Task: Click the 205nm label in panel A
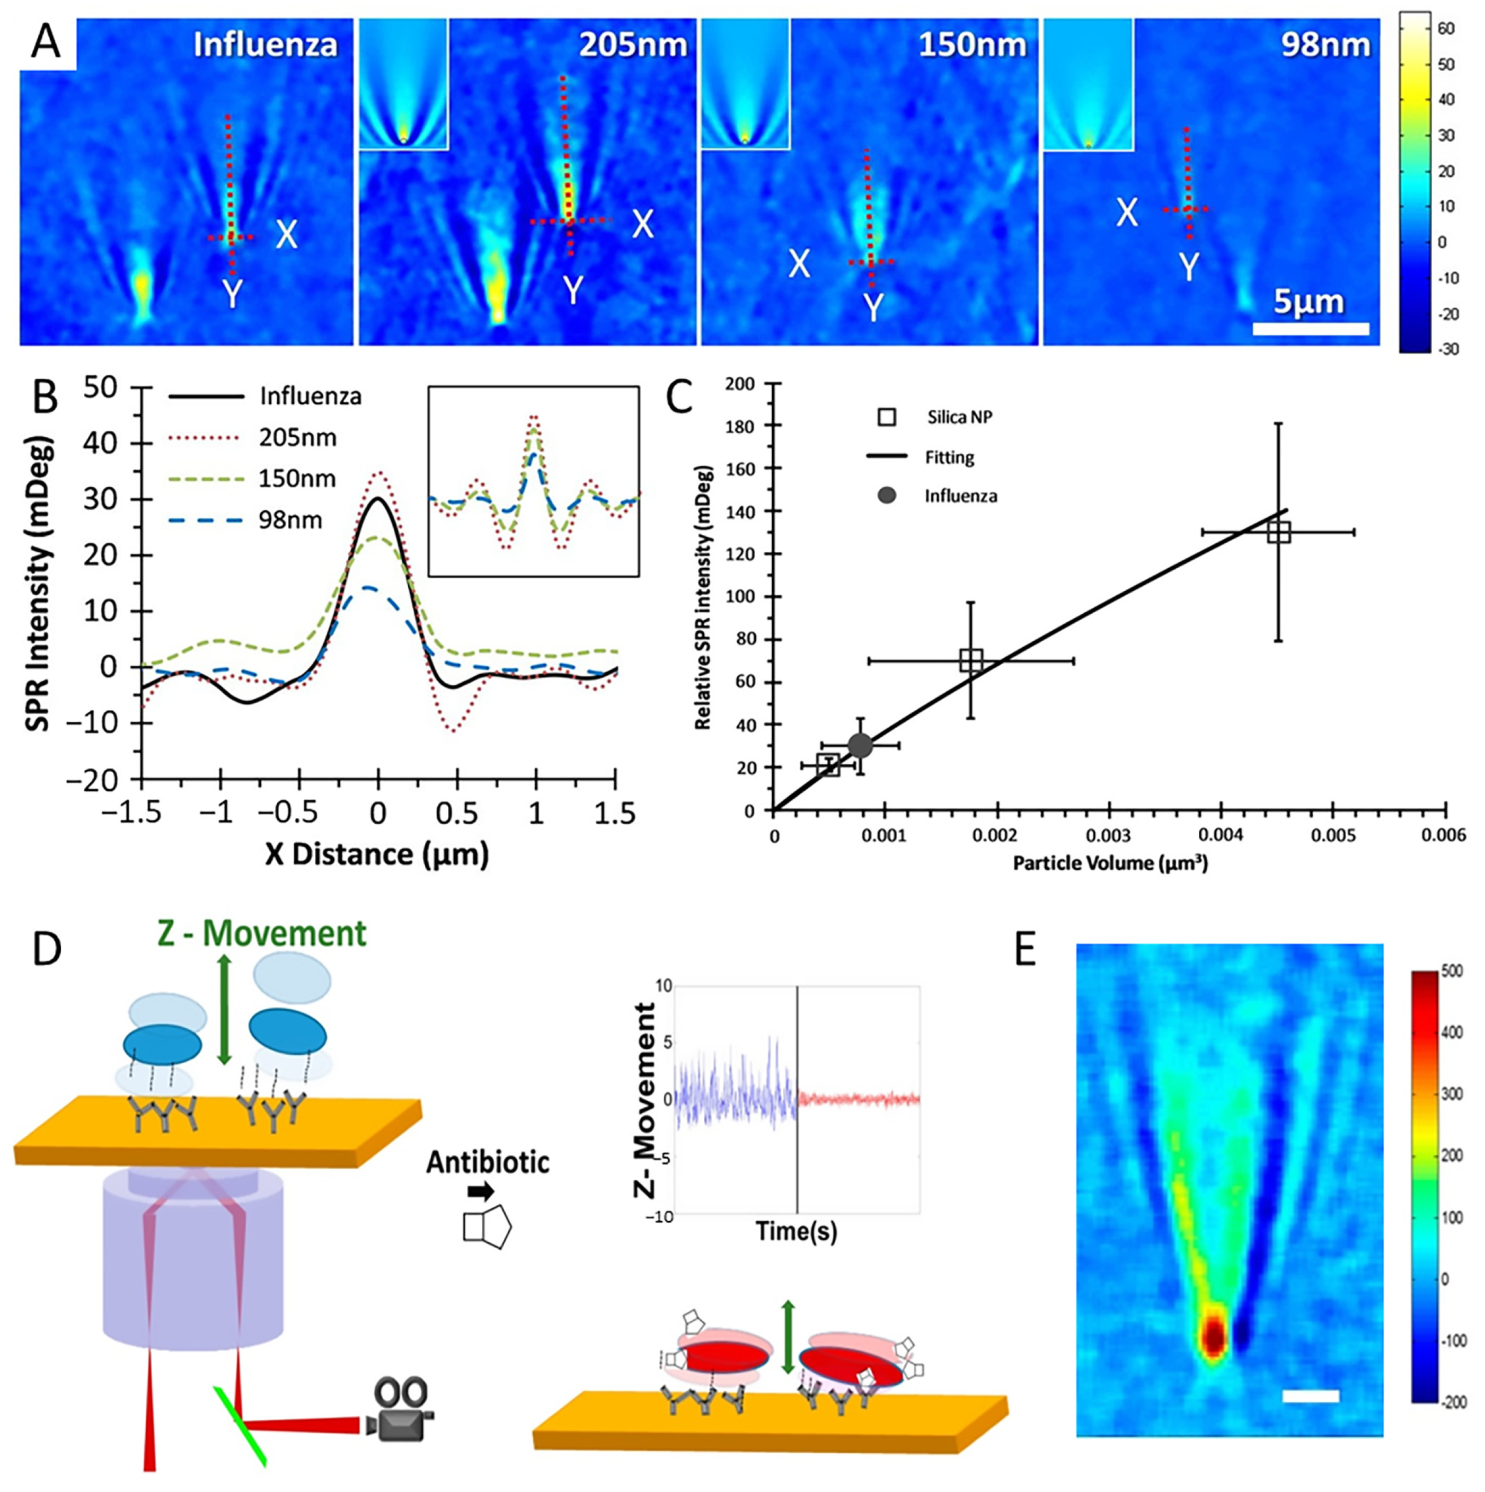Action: (x=632, y=45)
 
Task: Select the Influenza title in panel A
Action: (x=265, y=45)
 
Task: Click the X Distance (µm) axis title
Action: (x=377, y=854)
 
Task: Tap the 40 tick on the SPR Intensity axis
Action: (x=100, y=443)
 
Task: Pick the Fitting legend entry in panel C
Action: (x=949, y=457)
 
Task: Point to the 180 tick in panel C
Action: (x=740, y=426)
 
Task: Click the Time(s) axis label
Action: (x=796, y=1230)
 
